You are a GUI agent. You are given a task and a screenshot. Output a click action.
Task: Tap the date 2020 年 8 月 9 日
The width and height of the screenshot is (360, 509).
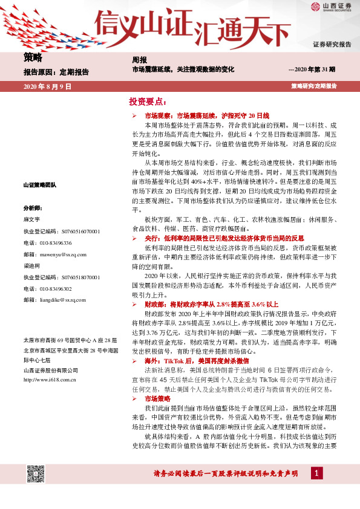[x=47, y=87]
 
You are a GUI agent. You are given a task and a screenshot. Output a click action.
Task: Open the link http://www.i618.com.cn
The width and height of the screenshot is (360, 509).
[x=50, y=380]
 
